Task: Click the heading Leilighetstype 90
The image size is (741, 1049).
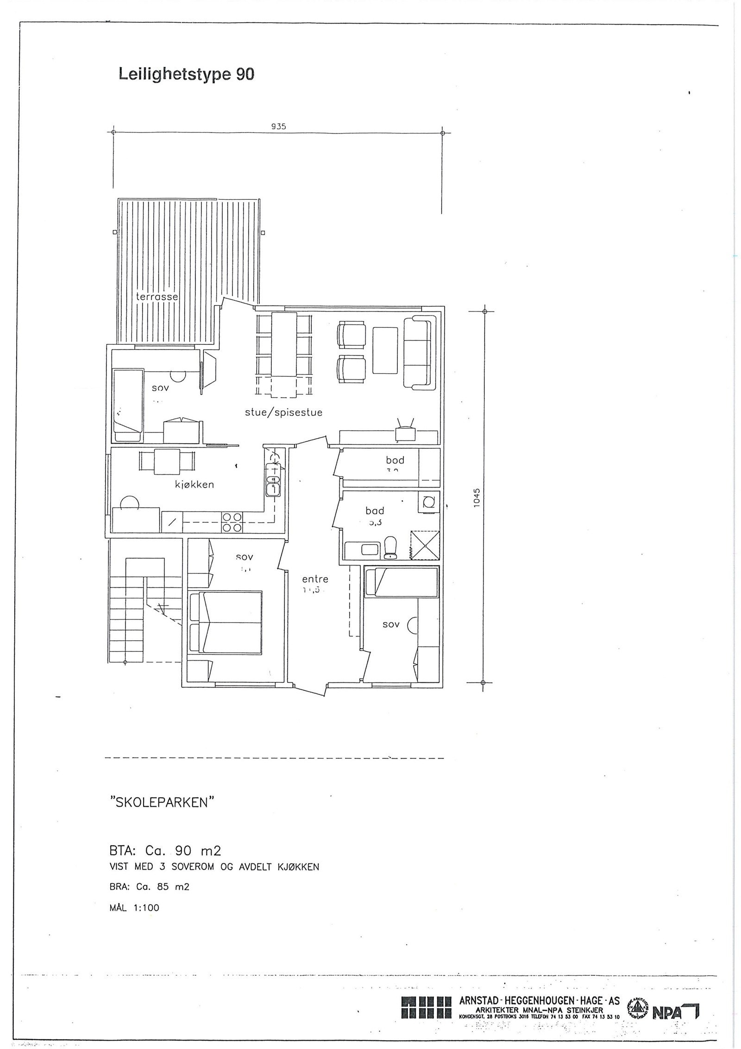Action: point(187,74)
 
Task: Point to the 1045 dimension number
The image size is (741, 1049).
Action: point(477,499)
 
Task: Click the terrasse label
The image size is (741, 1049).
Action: point(157,296)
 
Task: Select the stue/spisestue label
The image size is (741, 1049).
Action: point(283,413)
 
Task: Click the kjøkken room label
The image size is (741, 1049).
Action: point(195,485)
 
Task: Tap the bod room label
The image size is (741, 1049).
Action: point(395,460)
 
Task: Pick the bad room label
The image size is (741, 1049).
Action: point(375,511)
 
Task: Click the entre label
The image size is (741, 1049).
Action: point(315,579)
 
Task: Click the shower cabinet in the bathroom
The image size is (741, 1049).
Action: point(424,546)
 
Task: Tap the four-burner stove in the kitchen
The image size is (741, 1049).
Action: point(232,522)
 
